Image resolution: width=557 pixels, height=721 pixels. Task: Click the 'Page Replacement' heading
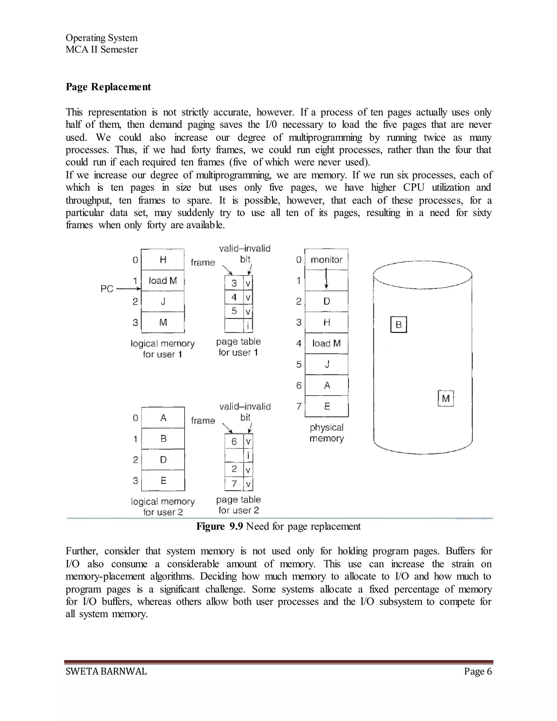pos(108,87)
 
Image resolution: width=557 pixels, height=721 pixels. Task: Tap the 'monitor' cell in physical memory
pos(326,260)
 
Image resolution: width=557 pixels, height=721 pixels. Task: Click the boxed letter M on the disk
pos(446,399)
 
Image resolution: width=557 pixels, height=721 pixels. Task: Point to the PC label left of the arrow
pos(107,289)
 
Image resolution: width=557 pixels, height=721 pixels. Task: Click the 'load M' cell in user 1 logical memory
pos(163,281)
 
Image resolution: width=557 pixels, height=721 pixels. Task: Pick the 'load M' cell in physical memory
pos(326,343)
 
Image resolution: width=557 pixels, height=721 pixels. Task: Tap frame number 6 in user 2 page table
pos(234,441)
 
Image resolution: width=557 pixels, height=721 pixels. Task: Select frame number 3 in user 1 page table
pos(234,283)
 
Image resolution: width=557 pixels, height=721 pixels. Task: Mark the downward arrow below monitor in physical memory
pos(326,279)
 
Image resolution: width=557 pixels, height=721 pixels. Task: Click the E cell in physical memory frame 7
pos(327,406)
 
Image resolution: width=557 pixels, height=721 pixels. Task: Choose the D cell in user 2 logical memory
pos(163,460)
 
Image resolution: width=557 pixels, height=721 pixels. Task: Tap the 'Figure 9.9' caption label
pos(219,526)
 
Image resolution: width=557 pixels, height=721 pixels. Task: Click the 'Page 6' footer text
pos(478,671)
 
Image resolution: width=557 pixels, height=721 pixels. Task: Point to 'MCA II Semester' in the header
pos(102,50)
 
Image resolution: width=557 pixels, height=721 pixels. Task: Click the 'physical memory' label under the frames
pos(326,433)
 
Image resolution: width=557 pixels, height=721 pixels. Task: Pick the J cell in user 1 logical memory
pos(163,301)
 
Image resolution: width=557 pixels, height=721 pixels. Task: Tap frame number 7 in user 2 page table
pos(234,484)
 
